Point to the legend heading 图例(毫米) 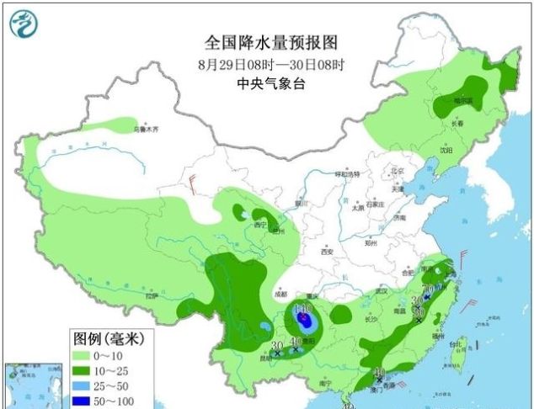click(x=108, y=339)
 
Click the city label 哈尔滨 click(x=463, y=100)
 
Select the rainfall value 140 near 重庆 click(x=302, y=309)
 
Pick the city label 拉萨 click(x=152, y=296)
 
